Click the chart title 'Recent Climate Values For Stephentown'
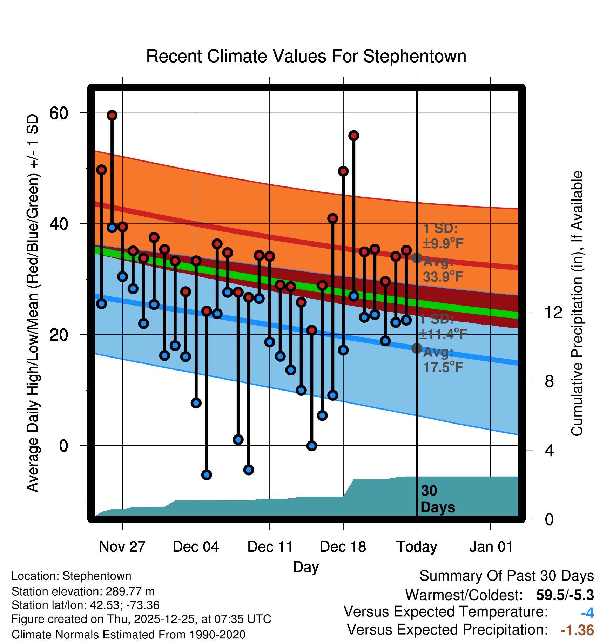tap(306, 56)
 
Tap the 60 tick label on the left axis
tap(59, 113)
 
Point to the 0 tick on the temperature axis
tap(63, 446)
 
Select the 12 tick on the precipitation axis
tap(553, 312)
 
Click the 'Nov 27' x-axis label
tap(122, 547)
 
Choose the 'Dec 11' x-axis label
tap(270, 547)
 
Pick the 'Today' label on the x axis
tap(417, 547)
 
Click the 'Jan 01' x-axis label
tap(491, 547)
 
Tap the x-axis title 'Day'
tap(306, 567)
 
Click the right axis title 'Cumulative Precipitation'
tap(577, 304)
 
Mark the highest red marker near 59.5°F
tap(112, 116)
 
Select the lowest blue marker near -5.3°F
tap(207, 475)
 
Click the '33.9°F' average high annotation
tap(443, 277)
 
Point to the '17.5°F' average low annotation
tap(443, 367)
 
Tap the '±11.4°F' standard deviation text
tap(443, 334)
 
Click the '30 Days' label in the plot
tap(438, 499)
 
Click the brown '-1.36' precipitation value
tap(577, 630)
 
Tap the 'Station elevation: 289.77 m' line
tap(83, 591)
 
